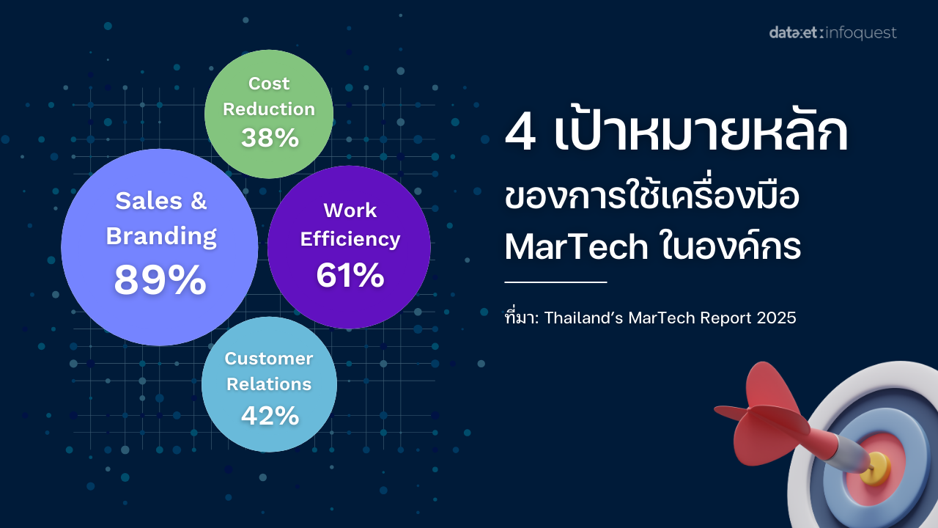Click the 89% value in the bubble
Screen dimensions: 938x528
[x=160, y=279]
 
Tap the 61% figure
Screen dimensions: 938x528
[x=350, y=275]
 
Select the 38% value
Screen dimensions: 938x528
[x=270, y=137]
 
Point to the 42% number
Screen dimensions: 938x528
[x=270, y=415]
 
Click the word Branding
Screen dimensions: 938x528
[x=161, y=236]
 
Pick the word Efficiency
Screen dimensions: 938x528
[x=350, y=239]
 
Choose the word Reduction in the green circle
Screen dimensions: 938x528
[x=269, y=109]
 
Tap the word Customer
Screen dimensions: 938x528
[x=269, y=359]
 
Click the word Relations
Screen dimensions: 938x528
[x=269, y=384]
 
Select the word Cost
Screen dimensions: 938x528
[x=269, y=84]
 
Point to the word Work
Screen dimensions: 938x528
[x=350, y=210]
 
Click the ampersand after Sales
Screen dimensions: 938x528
[x=199, y=201]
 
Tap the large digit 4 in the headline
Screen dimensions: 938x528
[x=520, y=133]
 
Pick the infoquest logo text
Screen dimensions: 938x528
[x=861, y=33]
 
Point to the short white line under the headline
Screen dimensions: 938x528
[x=555, y=282]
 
